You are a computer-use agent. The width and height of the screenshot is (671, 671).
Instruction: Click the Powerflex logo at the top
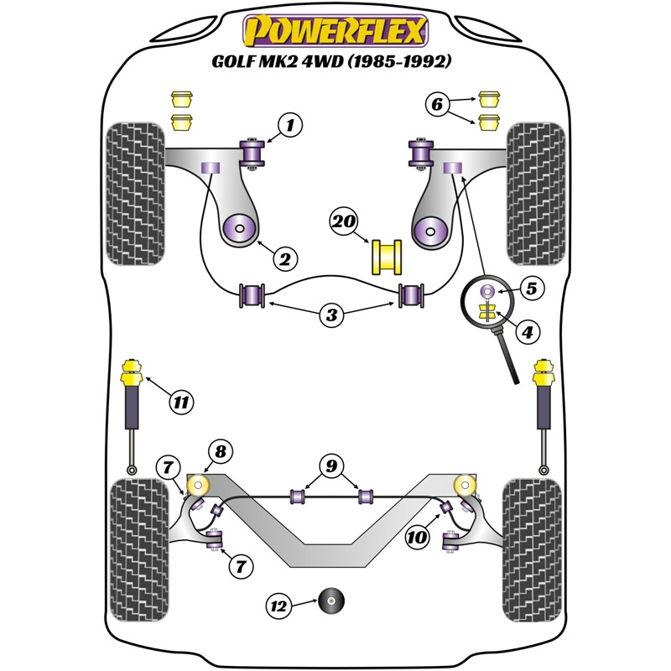(335, 31)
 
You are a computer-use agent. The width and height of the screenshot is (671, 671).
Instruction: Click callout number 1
(289, 127)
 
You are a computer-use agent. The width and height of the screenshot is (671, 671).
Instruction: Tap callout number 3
(332, 315)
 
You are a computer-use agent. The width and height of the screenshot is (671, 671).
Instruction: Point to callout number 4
(527, 333)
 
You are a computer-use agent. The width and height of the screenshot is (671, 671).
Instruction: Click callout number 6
(437, 105)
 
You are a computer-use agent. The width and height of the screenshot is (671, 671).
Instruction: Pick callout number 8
(220, 451)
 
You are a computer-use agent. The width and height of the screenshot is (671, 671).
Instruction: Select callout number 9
(332, 465)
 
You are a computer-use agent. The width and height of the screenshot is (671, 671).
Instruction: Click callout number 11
(180, 402)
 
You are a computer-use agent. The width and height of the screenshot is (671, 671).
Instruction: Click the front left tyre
(136, 194)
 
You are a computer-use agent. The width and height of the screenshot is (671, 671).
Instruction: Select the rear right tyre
(531, 559)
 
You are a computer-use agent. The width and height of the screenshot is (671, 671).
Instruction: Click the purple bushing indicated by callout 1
(252, 153)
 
